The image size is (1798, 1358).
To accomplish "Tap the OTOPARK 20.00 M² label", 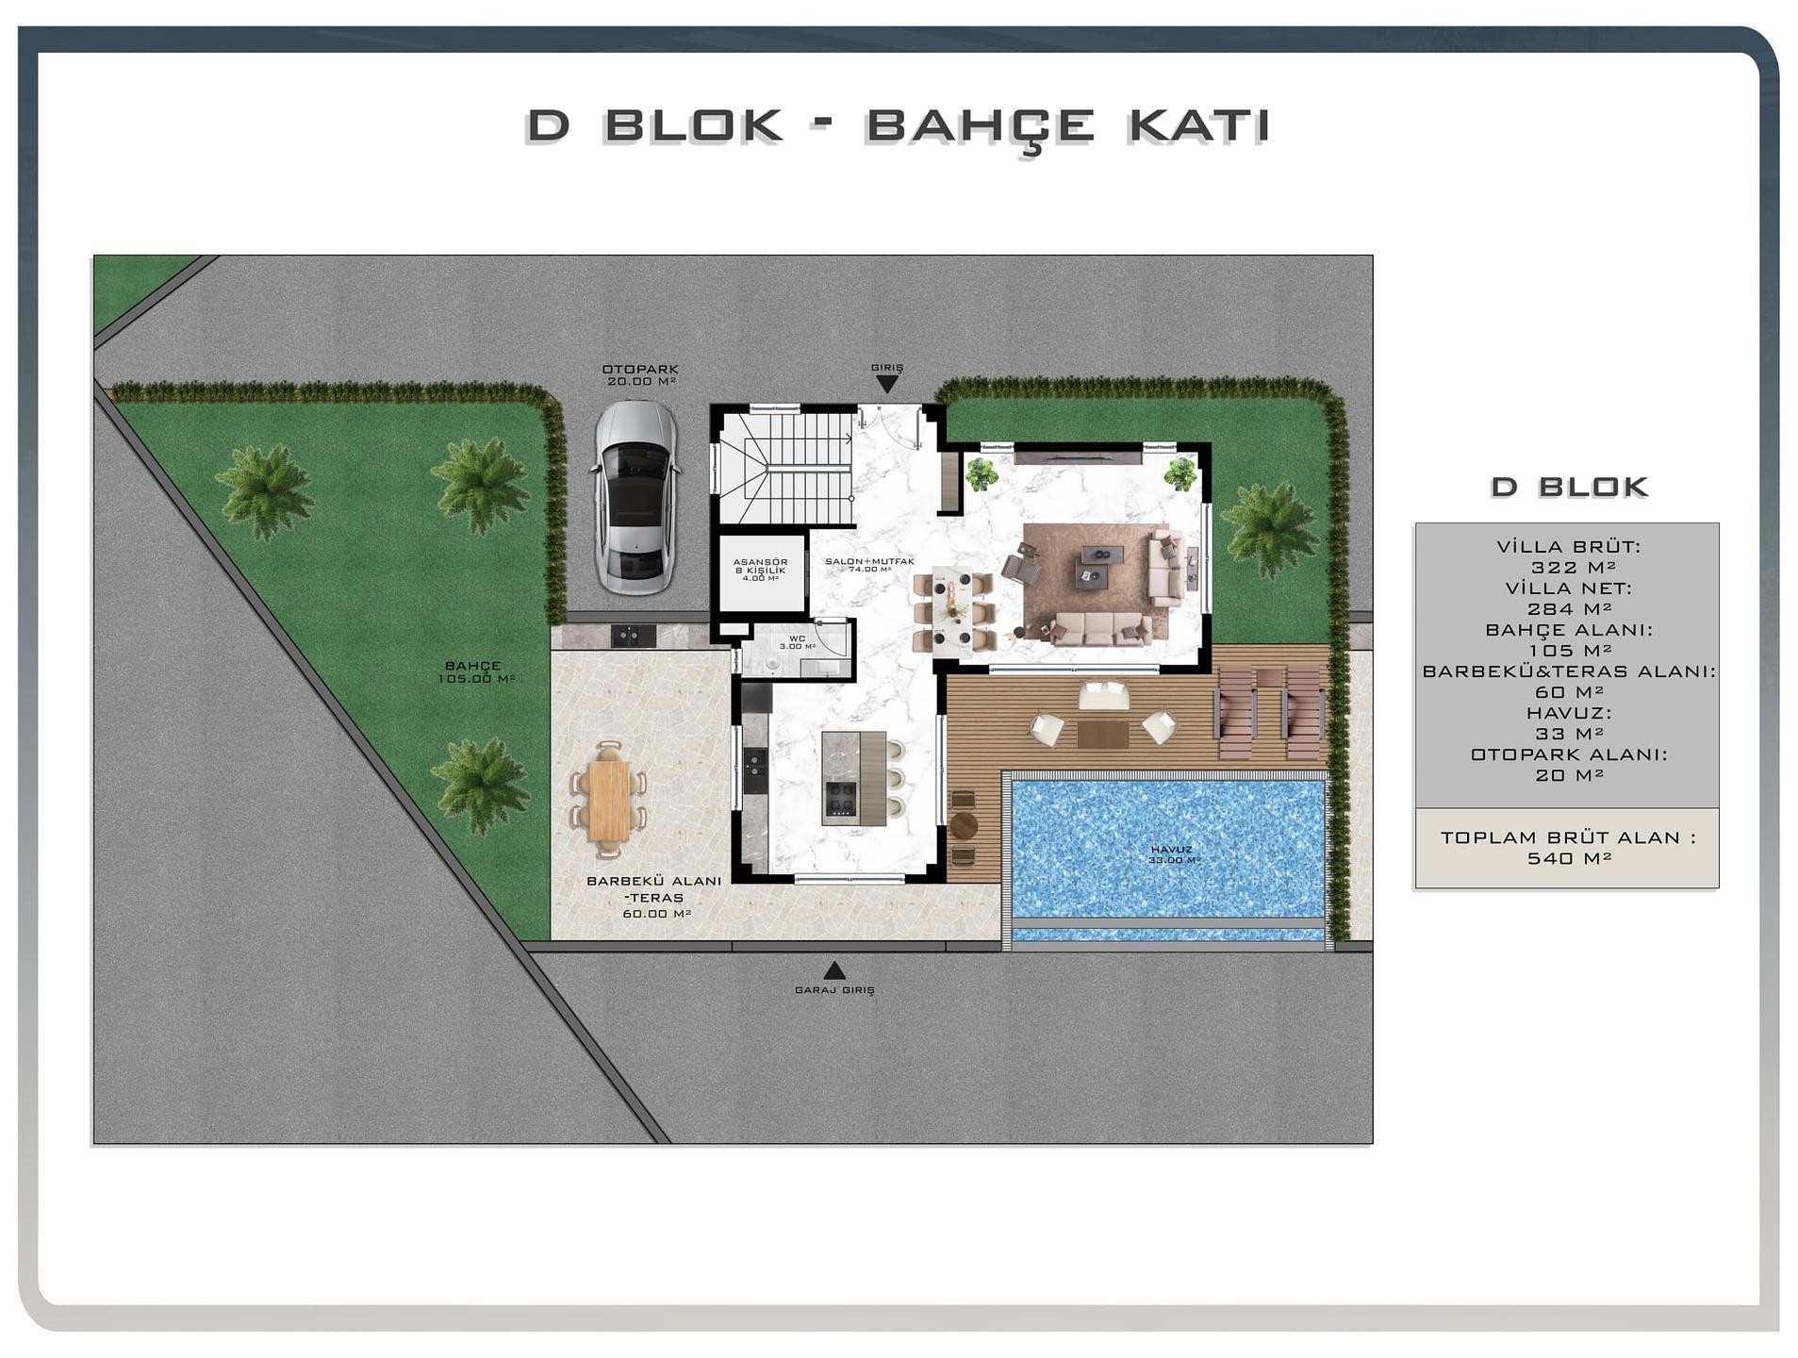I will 641,375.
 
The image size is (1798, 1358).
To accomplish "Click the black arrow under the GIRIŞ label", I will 886,384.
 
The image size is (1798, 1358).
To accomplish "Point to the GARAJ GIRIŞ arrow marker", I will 833,970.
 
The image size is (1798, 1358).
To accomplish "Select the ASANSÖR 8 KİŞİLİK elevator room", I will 761,571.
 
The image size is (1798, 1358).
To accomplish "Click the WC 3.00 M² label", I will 797,642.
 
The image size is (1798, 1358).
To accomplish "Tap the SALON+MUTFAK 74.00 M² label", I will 869,565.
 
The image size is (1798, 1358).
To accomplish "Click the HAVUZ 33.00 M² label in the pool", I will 1173,854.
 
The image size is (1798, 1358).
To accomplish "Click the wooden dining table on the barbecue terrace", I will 609,799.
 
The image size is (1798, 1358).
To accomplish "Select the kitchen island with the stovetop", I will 852,778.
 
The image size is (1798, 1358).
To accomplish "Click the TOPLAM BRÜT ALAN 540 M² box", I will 1566,847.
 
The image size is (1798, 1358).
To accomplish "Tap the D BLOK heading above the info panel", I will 1569,487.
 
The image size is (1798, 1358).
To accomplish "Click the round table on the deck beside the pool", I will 963,825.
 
